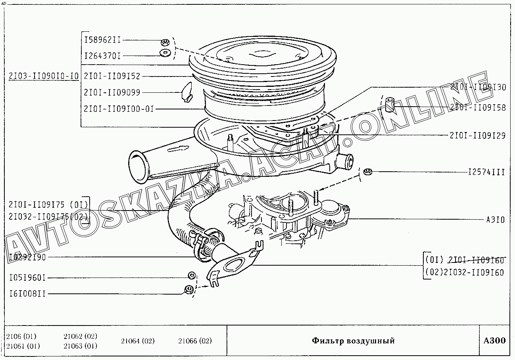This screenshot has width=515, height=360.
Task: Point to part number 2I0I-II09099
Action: pyautogui.click(x=112, y=92)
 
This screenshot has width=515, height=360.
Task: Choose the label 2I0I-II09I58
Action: pyautogui.click(x=478, y=107)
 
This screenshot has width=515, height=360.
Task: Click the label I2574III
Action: pyautogui.click(x=486, y=172)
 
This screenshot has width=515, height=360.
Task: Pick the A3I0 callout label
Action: pyautogui.click(x=496, y=219)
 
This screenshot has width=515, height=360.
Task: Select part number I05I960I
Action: pyautogui.click(x=27, y=278)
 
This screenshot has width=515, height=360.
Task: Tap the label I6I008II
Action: pyautogui.click(x=27, y=294)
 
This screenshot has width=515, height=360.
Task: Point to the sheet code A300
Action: pyautogui.click(x=495, y=341)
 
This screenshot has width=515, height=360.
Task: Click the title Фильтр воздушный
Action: pyautogui.click(x=353, y=341)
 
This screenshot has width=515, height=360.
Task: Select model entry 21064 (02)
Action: pyautogui.click(x=138, y=341)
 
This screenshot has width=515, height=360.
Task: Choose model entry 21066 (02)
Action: pyautogui.click(x=195, y=341)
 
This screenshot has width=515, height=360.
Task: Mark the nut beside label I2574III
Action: pyautogui.click(x=367, y=171)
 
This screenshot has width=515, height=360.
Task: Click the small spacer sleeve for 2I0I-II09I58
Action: pyautogui.click(x=389, y=103)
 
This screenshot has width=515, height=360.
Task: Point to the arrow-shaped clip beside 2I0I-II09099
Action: pyautogui.click(x=185, y=92)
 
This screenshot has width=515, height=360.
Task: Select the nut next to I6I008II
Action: pyautogui.click(x=189, y=289)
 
